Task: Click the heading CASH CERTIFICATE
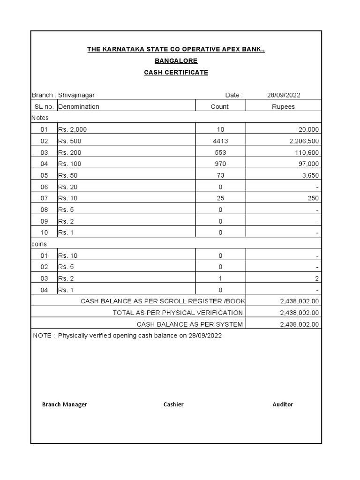pos(176,72)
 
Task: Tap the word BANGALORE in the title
pos(176,61)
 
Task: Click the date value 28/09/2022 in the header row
pos(284,95)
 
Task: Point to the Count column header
pos(219,106)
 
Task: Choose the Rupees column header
pos(284,106)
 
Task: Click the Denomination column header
pos(79,106)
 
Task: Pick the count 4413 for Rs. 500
pos(220,141)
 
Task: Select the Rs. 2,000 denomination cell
pos(73,129)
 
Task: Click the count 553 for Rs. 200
pos(220,152)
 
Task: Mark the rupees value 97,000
pos(307,164)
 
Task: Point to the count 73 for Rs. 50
pos(220,175)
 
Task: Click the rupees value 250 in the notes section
pos(313,198)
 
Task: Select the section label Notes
pos(40,118)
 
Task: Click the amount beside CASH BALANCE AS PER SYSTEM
pos(299,324)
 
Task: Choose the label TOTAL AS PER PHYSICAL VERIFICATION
pos(178,313)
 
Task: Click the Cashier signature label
pos(173,404)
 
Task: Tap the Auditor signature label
pos(283,404)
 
